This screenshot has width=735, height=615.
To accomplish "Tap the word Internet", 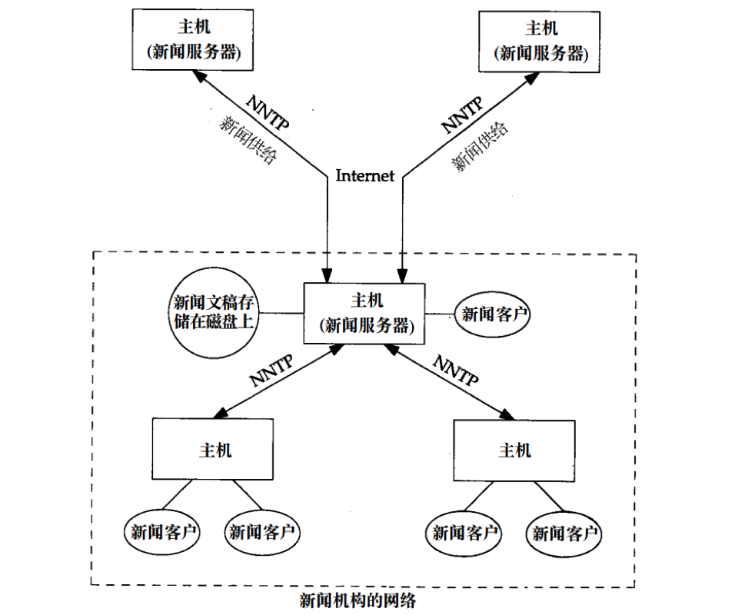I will tap(364, 176).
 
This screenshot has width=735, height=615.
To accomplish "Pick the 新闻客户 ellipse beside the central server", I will tap(495, 314).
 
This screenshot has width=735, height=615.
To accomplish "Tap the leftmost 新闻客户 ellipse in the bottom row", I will tap(163, 531).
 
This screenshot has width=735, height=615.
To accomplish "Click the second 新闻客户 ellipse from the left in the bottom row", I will tap(262, 531).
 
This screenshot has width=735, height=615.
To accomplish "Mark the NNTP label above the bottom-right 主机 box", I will tap(455, 370).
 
